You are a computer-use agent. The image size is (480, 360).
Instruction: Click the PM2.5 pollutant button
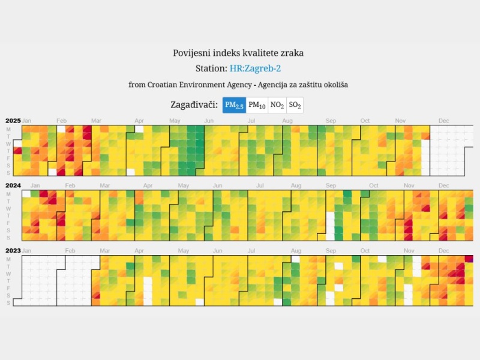[x=234, y=106]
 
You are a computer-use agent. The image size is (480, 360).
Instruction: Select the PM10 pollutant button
[x=257, y=106]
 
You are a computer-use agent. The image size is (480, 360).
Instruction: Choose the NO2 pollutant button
[x=277, y=106]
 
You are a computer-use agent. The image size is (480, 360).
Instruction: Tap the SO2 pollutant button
[x=295, y=106]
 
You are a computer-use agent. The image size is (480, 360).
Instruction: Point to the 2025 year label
[x=13, y=121]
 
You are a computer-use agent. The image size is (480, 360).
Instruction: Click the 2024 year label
[x=13, y=186]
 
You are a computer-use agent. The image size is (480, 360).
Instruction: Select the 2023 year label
[x=13, y=250]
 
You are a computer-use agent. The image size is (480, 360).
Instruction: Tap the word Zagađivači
[x=194, y=106]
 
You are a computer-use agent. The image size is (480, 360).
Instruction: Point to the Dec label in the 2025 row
[x=443, y=121]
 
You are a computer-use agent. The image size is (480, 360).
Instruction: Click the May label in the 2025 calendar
[x=175, y=121]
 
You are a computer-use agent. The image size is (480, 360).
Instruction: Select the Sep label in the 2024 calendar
[x=331, y=186]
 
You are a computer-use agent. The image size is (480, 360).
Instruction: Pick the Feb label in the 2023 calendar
[x=70, y=250]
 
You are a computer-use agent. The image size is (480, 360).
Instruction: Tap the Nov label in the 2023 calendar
[x=409, y=250]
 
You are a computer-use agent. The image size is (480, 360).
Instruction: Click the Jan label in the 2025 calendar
[x=26, y=121]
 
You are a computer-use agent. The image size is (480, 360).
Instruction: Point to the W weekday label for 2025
[x=8, y=144]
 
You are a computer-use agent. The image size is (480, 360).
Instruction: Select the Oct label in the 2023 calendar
[x=373, y=250]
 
